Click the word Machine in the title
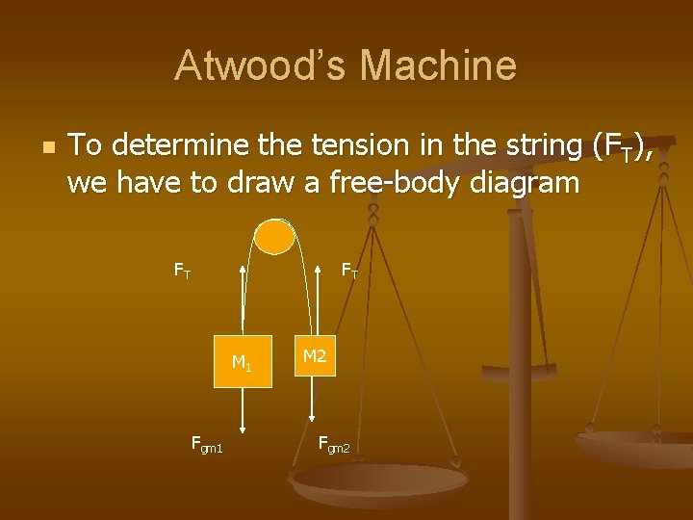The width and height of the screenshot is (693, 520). [438, 66]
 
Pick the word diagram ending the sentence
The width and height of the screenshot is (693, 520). [526, 184]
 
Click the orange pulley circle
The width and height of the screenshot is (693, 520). [274, 236]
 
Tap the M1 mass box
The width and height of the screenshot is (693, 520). [242, 363]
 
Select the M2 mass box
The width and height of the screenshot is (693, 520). [315, 356]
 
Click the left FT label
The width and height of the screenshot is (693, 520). [182, 272]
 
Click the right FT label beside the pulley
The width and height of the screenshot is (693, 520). [349, 272]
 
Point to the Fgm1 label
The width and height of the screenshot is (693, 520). [207, 445]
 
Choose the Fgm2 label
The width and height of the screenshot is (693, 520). [334, 444]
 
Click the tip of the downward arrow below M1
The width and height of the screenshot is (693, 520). [242, 432]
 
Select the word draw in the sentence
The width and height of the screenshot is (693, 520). [259, 182]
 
